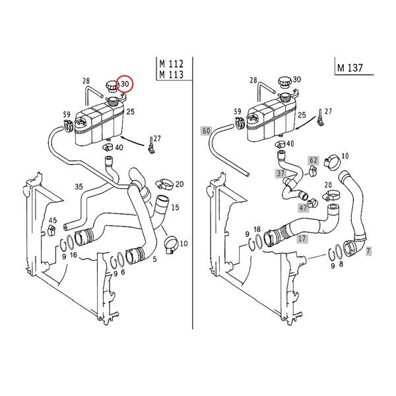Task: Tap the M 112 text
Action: [171, 63]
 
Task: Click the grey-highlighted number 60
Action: [206, 131]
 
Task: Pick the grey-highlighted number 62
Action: [313, 160]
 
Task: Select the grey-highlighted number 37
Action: [280, 173]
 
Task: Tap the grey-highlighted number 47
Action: [304, 207]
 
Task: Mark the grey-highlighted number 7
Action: [368, 251]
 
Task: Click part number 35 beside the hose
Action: [79, 187]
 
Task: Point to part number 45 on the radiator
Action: [53, 220]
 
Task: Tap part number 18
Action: [257, 228]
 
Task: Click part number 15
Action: [175, 207]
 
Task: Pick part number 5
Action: [154, 259]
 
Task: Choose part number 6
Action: [123, 272]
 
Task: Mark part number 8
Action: [341, 265]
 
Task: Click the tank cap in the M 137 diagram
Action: [284, 84]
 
